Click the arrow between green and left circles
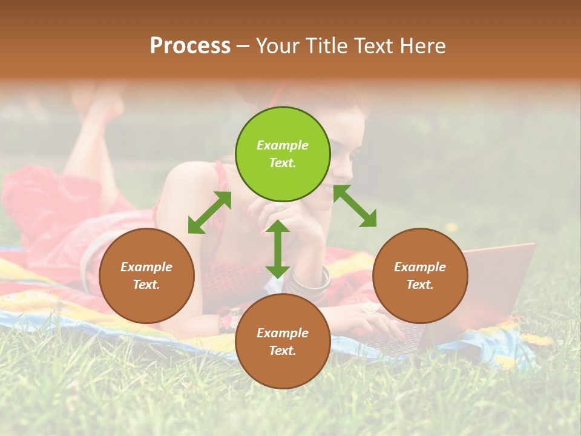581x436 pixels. tap(209, 213)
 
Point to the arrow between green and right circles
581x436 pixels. tap(355, 206)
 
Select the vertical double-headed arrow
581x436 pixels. tap(278, 249)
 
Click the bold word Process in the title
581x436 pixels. tap(190, 46)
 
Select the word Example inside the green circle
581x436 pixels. tap(283, 145)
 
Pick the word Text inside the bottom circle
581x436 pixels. tap(281, 351)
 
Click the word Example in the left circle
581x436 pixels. tap(146, 267)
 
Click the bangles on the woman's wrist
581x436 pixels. tap(310, 280)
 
